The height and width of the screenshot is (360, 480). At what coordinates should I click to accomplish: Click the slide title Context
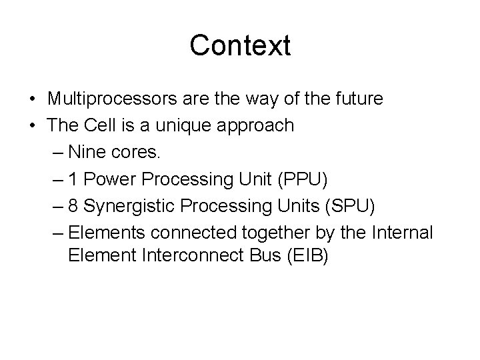[x=240, y=46]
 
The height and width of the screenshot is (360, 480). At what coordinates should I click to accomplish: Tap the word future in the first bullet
[x=360, y=99]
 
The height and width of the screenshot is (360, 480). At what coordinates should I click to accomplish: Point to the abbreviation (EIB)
[x=307, y=258]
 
